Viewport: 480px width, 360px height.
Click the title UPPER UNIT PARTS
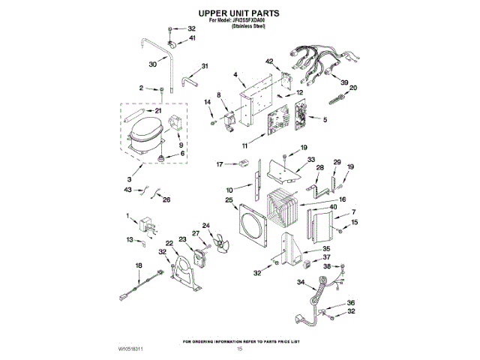tap(239, 13)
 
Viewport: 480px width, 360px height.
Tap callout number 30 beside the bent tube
tap(153, 65)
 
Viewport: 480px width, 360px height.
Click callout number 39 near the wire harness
tap(345, 82)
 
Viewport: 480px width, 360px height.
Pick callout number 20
tap(354, 88)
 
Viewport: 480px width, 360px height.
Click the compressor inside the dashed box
tap(146, 133)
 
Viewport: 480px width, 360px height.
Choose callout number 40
tap(333, 208)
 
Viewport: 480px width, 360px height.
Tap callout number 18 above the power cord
tap(138, 266)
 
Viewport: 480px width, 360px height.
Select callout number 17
tap(220, 164)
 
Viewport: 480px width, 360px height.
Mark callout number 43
tap(128, 190)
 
